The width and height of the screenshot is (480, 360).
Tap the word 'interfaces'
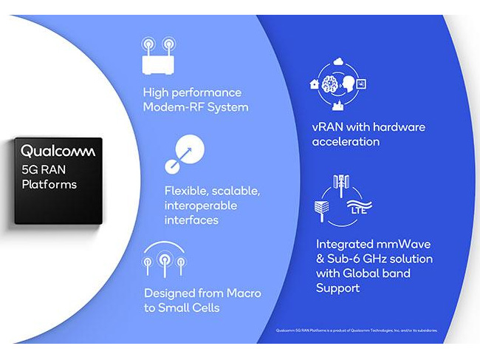191,220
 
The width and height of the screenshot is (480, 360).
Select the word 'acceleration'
346,141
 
